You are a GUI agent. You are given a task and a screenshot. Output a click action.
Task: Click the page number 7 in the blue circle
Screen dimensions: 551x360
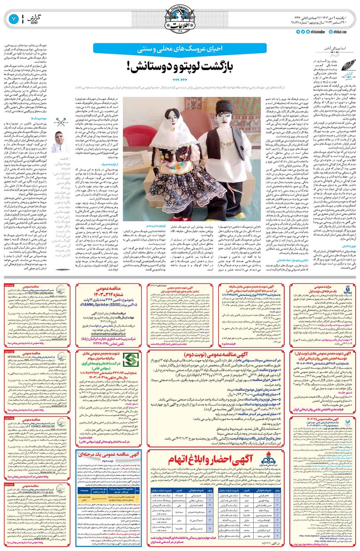tap(13, 18)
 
